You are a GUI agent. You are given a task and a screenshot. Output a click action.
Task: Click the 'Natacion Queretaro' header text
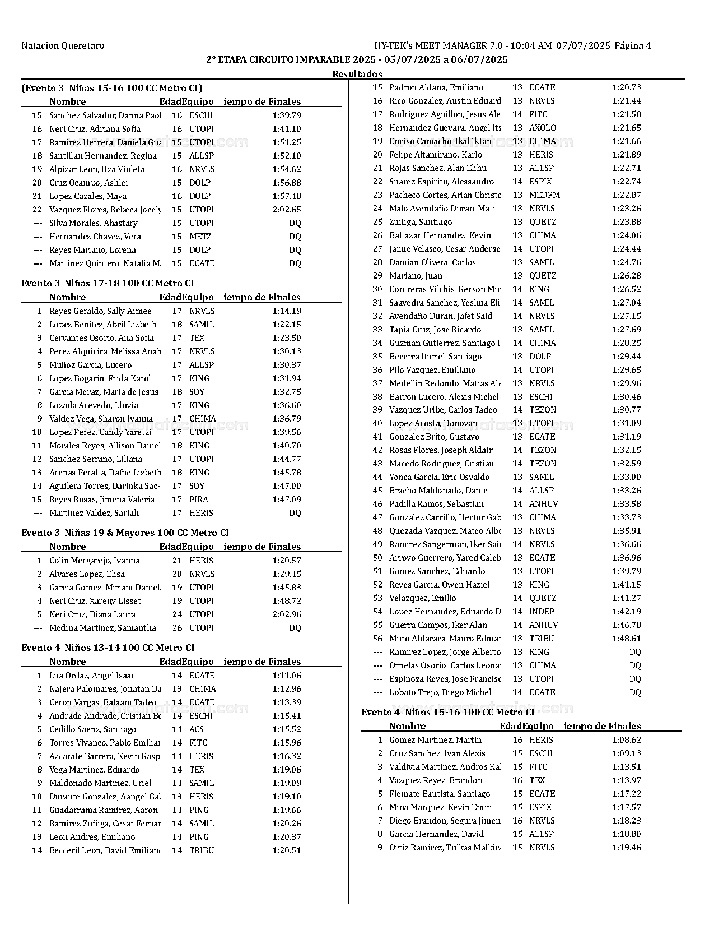point(63,46)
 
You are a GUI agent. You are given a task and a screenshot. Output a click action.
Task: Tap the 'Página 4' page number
point(633,46)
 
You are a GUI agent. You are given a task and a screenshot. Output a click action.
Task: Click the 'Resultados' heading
point(357,74)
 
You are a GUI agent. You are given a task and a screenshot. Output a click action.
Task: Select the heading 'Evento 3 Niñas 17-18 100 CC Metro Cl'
point(108,284)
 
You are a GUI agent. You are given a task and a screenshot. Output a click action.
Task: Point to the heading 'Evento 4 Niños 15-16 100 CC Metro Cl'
point(447,713)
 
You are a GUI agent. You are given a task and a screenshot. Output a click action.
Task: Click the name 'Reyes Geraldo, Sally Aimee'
point(100,311)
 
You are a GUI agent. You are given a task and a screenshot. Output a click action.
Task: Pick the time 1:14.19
point(287,311)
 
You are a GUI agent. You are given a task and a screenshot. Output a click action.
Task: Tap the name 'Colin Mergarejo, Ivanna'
point(95,561)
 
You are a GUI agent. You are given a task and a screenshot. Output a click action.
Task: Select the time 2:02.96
point(287,614)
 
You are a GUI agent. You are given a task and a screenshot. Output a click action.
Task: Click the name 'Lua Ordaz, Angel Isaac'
point(92,676)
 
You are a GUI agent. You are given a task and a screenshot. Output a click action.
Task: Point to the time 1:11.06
point(287,676)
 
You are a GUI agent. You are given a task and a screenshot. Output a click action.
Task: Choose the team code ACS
point(197,729)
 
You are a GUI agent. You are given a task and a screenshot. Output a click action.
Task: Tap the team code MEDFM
point(544,195)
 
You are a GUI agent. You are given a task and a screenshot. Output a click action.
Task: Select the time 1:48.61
point(627,639)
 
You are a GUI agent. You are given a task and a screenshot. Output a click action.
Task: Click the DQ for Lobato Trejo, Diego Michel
point(635,692)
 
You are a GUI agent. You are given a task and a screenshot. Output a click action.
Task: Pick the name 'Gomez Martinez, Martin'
point(435,740)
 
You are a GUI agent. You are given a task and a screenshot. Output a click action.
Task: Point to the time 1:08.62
point(627,740)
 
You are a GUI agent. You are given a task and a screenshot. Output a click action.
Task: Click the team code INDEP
point(542,612)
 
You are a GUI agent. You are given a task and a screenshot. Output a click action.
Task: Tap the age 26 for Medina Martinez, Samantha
point(177,628)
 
